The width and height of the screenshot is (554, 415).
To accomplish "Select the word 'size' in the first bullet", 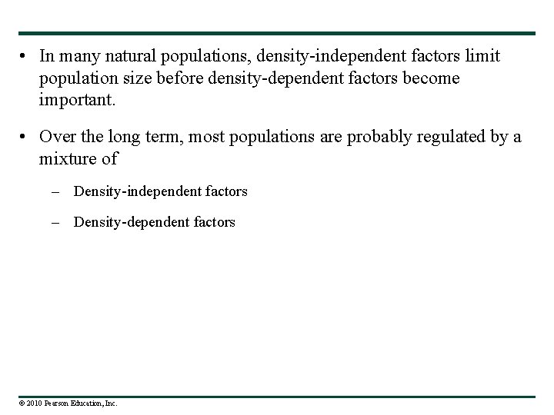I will tap(128, 78).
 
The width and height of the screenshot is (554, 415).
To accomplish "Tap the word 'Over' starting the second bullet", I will tap(55, 137).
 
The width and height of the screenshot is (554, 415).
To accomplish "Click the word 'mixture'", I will tap(66, 159).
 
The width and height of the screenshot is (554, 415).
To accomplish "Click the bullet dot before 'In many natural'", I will tap(25, 56).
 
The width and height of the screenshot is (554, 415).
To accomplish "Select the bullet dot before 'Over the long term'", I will tap(25, 137).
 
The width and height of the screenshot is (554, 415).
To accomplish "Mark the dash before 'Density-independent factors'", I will tap(61, 191).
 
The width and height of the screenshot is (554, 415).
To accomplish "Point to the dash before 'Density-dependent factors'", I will tap(61, 222).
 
